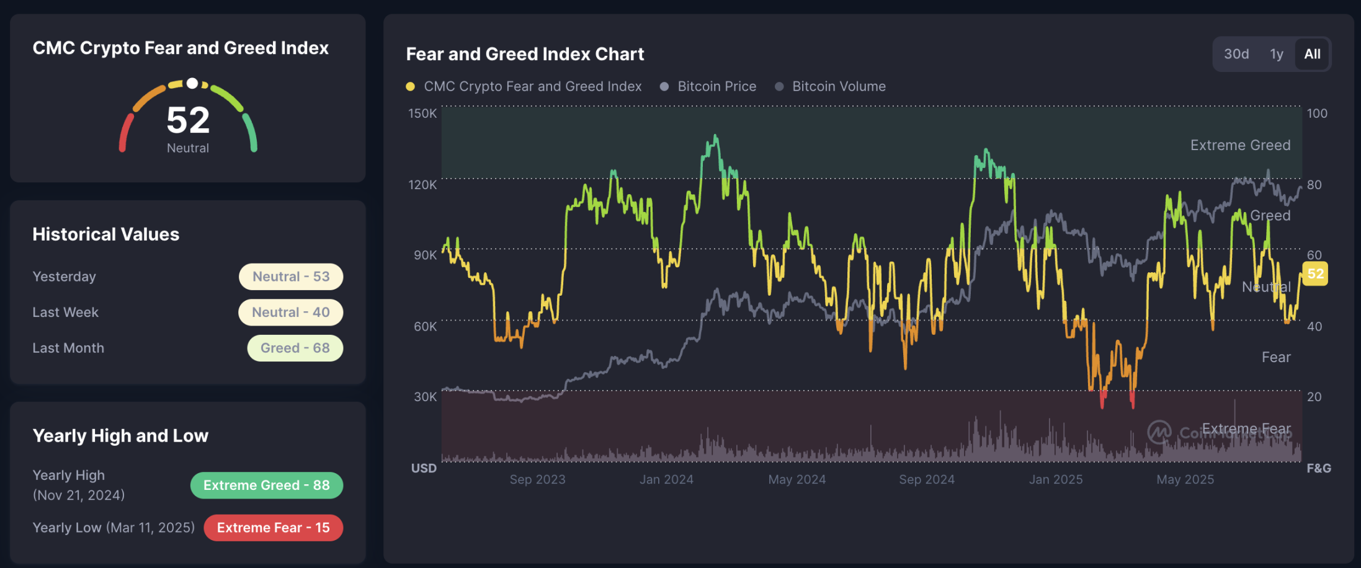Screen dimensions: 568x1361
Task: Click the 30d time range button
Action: coord(1236,54)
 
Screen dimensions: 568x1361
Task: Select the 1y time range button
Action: coord(1276,54)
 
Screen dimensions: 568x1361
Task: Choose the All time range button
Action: coord(1312,54)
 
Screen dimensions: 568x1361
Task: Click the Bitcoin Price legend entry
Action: coord(716,86)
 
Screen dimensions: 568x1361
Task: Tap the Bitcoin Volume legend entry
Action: coord(839,86)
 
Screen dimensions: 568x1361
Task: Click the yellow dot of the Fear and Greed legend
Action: coord(410,87)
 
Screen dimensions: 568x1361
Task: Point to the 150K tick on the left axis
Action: coord(422,113)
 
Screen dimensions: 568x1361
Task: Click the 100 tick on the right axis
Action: coord(1317,113)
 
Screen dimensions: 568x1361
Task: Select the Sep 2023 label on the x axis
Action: coord(537,479)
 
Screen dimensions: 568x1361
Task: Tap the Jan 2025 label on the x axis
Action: coord(1056,479)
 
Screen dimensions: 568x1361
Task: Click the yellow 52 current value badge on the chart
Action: coord(1315,274)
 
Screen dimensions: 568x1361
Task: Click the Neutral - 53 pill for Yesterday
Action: coord(291,277)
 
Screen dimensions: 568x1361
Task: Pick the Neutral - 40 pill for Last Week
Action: coord(290,313)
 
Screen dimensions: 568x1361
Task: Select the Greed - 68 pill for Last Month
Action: coord(295,348)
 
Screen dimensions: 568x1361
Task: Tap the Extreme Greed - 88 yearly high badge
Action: coord(267,486)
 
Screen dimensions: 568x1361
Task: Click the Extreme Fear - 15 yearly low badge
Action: coord(273,528)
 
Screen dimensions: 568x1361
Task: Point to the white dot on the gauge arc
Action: coord(192,83)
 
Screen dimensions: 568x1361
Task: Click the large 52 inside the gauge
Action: coord(188,120)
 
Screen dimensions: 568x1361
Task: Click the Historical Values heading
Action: coord(106,234)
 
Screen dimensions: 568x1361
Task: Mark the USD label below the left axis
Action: coord(424,468)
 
